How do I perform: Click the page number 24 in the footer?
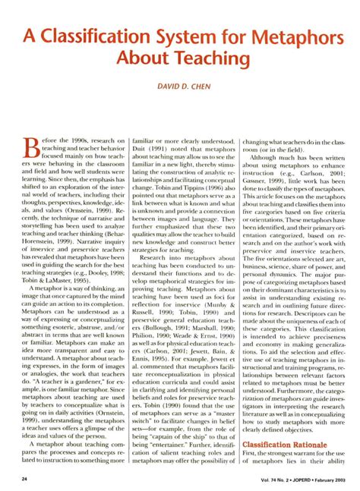(24, 480)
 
